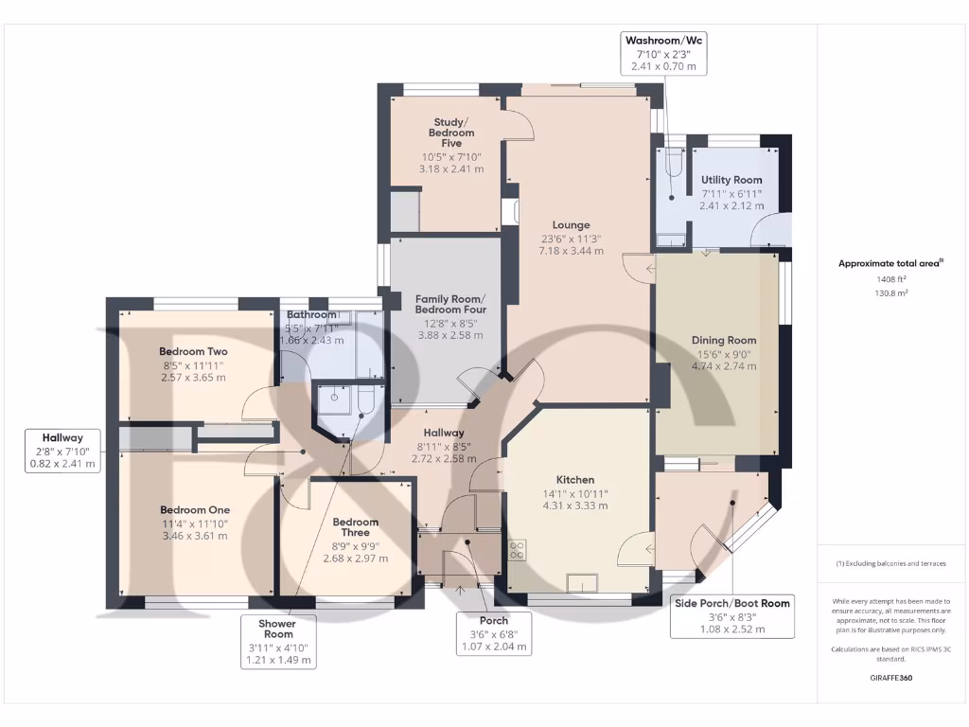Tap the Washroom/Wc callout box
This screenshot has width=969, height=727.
[663, 53]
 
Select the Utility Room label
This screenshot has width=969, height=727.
[731, 180]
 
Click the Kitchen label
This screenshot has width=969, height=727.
[574, 480]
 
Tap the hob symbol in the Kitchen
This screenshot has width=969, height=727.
[518, 550]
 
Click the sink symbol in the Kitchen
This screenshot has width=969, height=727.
[582, 582]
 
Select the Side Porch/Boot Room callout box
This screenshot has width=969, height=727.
[731, 616]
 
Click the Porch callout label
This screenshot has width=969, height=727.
[493, 620]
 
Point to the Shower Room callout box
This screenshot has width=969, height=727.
[277, 642]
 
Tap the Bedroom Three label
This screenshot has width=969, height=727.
[356, 527]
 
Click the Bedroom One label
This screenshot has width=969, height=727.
[195, 510]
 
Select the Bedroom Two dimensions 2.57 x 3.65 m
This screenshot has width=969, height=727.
[193, 377]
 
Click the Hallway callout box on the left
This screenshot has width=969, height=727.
[62, 451]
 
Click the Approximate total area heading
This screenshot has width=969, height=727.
[890, 264]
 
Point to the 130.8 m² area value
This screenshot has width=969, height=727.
[890, 293]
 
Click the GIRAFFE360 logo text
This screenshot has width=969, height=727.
[890, 678]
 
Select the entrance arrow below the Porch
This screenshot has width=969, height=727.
[461, 591]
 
